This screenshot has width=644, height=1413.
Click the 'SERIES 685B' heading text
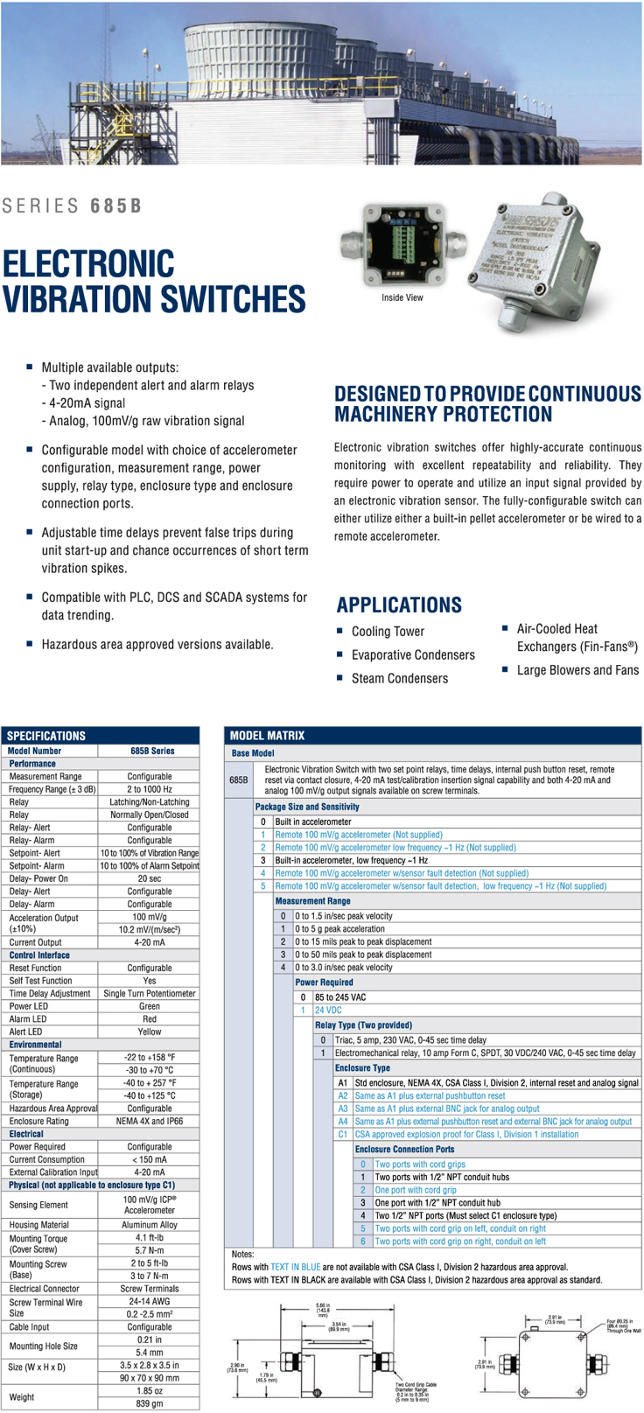coord(72,206)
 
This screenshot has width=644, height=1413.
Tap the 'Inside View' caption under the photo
coord(402,297)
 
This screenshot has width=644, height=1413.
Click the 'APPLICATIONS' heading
coord(398,605)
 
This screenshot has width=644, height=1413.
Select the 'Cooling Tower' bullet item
coord(388,632)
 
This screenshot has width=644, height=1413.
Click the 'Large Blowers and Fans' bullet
coord(577,670)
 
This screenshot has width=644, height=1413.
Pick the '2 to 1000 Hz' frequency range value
coord(149,789)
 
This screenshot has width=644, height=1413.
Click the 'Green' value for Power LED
coord(149,1006)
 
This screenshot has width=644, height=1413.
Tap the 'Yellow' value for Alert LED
coord(149,1032)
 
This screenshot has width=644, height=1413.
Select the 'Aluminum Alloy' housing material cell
coord(149,1225)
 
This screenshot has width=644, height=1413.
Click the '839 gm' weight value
coord(149,1403)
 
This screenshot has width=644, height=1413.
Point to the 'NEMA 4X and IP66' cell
coord(149,1121)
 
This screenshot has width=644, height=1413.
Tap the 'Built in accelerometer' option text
coord(313,822)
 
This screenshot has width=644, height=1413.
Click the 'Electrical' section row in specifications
coord(26,1134)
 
